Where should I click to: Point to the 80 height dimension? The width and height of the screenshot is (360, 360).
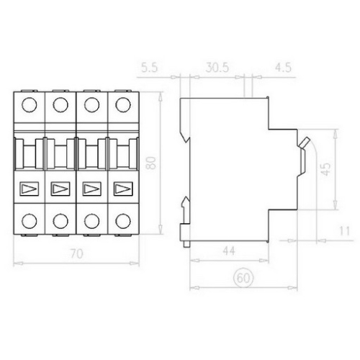(151, 162)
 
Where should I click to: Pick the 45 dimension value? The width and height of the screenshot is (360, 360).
(325, 170)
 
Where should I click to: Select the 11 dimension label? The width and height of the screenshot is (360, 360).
(344, 231)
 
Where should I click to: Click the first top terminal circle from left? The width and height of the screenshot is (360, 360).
(30, 105)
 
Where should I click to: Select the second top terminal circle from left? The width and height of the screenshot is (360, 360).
(60, 105)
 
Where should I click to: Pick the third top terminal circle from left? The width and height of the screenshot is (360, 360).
(91, 105)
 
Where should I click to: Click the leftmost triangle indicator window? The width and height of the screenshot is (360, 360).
(30, 189)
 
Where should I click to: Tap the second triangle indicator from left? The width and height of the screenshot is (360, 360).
(60, 189)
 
